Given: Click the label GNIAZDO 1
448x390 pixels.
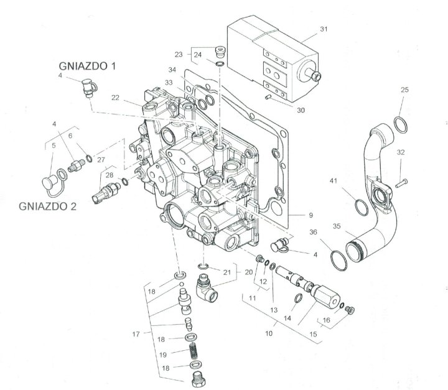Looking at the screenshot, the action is pyautogui.click(x=88, y=66).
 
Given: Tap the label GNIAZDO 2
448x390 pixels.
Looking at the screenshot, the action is pyautogui.click(x=48, y=207).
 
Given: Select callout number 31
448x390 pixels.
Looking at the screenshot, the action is pyautogui.click(x=324, y=29).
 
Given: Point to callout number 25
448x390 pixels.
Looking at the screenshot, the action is pyautogui.click(x=404, y=90).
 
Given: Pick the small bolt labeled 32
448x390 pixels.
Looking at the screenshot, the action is pyautogui.click(x=401, y=183).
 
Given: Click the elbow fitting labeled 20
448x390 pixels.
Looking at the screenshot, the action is pyautogui.click(x=206, y=288).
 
